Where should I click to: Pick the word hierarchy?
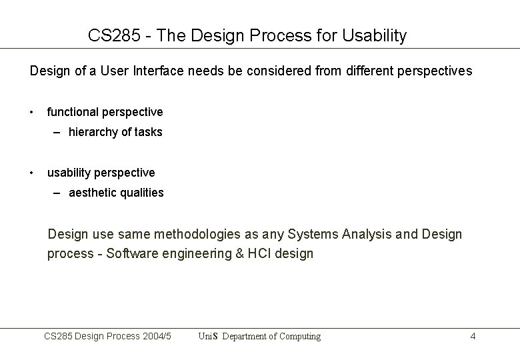(x=94, y=132)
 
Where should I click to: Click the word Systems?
(x=315, y=234)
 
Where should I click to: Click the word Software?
(x=131, y=254)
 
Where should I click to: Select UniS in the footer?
(x=208, y=336)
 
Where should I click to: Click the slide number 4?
(x=473, y=336)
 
